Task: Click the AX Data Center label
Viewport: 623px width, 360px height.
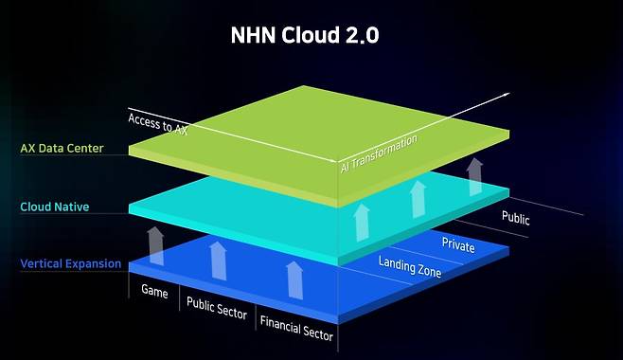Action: (62, 149)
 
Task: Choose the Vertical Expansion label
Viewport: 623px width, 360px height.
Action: (69, 263)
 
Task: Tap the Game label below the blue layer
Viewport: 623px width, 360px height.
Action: (154, 291)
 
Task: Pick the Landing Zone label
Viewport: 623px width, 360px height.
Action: (410, 266)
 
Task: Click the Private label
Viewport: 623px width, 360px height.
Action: (458, 244)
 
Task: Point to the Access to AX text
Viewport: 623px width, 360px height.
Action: (158, 125)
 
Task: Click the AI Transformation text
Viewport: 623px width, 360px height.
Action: (379, 153)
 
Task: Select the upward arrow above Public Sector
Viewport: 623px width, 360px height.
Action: (218, 260)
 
